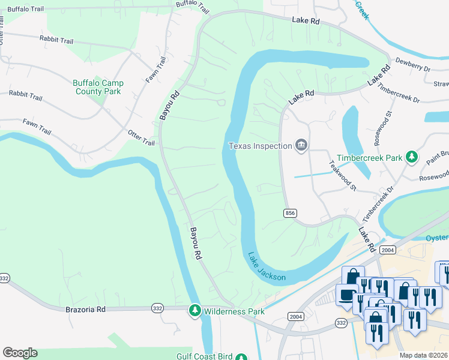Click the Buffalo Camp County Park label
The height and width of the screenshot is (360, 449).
[x=98, y=87]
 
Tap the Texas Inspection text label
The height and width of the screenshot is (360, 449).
[x=260, y=146]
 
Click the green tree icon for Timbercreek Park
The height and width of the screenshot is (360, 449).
[x=411, y=157]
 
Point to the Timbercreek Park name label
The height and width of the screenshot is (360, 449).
[x=369, y=158]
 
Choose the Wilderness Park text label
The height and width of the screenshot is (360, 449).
[x=234, y=311]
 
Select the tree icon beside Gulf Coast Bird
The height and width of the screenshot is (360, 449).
[x=241, y=357]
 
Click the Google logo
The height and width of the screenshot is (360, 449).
[x=20, y=353]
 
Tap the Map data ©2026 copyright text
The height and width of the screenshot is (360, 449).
[x=423, y=355]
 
